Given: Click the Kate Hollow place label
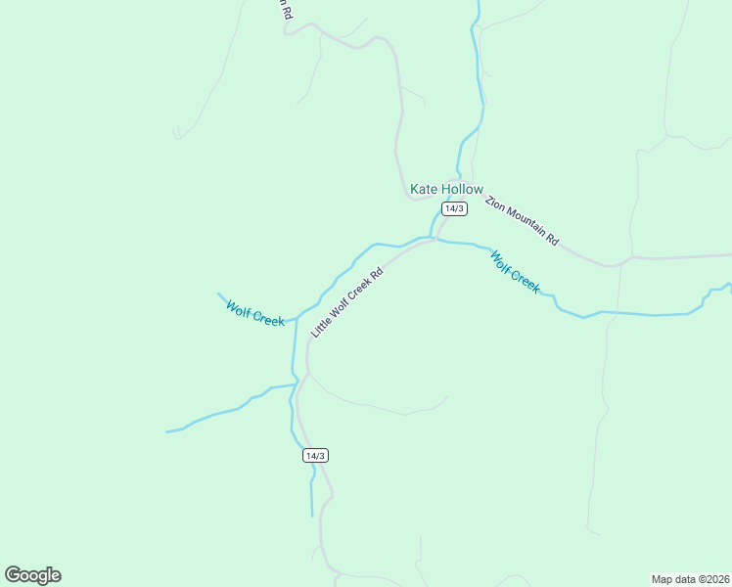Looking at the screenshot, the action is pos(446,189).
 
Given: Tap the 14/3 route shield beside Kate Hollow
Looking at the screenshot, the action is pos(454,208).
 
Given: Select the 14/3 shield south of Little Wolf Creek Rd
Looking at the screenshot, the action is pos(315,456).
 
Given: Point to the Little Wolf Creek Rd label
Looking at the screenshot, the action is pos(345,303).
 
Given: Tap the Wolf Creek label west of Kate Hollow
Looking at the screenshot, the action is pos(254,313).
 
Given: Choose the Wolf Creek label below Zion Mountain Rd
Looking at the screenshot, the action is pos(515,271).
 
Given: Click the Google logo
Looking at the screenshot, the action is pos(32,575).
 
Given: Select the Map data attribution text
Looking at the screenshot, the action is pos(690,578).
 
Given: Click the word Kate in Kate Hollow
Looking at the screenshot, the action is pos(424,189).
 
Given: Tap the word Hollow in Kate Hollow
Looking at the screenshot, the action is pos(461,189).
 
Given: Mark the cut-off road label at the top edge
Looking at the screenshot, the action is pos(284,10).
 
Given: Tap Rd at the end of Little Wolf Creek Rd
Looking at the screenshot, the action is pos(375,273).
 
